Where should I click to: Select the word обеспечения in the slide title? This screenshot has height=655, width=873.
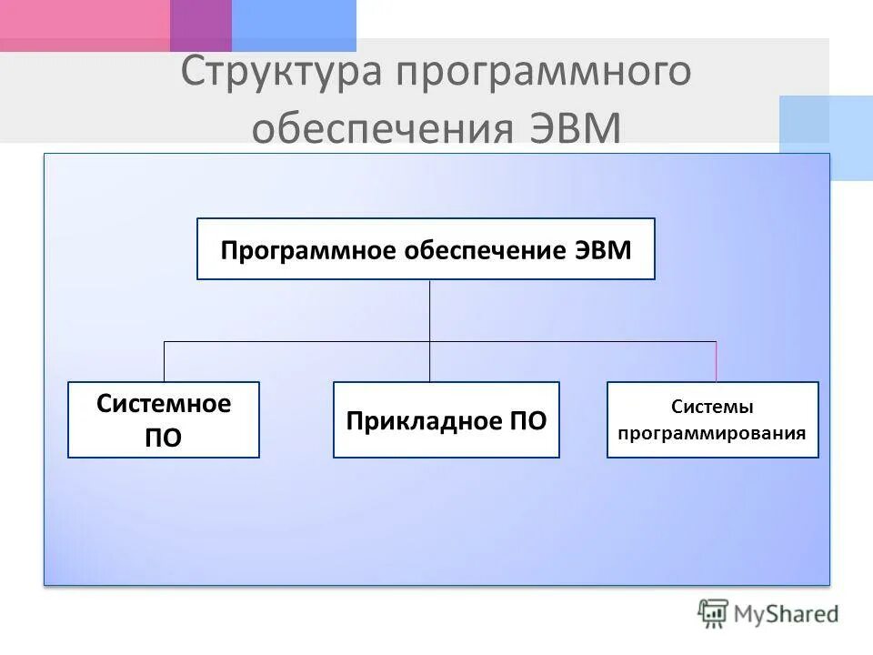pos(382,129)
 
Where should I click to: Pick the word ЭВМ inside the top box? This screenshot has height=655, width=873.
pos(603,250)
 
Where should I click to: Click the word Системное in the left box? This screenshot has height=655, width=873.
pos(164,404)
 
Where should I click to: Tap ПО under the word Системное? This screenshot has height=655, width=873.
pos(164,438)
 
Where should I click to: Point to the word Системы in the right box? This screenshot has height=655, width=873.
pos(712,408)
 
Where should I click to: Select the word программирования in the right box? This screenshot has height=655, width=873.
pos(712,433)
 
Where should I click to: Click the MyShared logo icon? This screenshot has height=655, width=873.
pos(714,613)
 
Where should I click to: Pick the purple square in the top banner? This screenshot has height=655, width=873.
pos(201,25)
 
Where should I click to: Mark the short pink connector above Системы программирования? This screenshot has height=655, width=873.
pos(716,362)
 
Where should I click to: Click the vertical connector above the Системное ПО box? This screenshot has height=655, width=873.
pos(164,362)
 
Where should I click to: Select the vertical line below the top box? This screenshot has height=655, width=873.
pos(430,310)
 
